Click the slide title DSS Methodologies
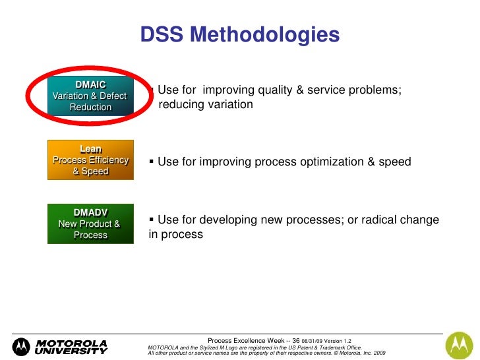(x=240, y=36)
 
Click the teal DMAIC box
(x=90, y=96)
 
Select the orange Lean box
(x=90, y=160)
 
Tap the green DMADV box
(x=90, y=224)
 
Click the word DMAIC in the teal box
(x=90, y=84)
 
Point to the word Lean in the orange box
(x=90, y=149)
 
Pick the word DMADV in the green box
(x=90, y=212)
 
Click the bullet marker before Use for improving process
(x=152, y=162)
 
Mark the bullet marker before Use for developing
(x=152, y=220)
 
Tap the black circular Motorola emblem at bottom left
(x=22, y=347)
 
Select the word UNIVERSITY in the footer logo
(x=71, y=351)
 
